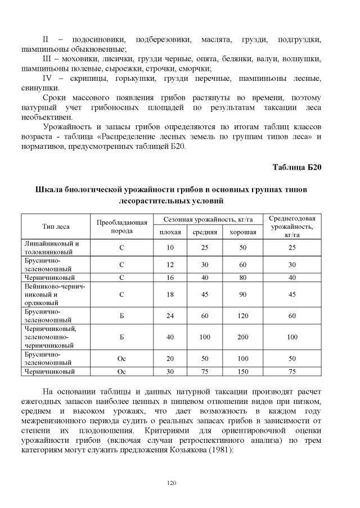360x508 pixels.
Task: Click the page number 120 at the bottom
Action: tap(171, 482)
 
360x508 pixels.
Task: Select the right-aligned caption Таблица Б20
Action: tap(296, 167)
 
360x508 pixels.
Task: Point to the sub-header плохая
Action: tap(170, 232)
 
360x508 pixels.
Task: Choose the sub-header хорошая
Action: tap(243, 232)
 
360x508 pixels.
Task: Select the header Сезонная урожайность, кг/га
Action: tap(206, 220)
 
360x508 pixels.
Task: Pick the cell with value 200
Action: tap(243, 337)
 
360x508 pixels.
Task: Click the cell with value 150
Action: tap(243, 371)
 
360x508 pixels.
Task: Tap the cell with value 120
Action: tap(243, 315)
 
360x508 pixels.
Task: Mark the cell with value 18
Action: tap(170, 293)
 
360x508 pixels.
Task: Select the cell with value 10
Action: tap(170, 248)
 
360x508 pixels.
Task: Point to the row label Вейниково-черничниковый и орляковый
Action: tap(55, 293)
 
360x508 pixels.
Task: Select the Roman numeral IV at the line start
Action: tap(48, 78)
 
